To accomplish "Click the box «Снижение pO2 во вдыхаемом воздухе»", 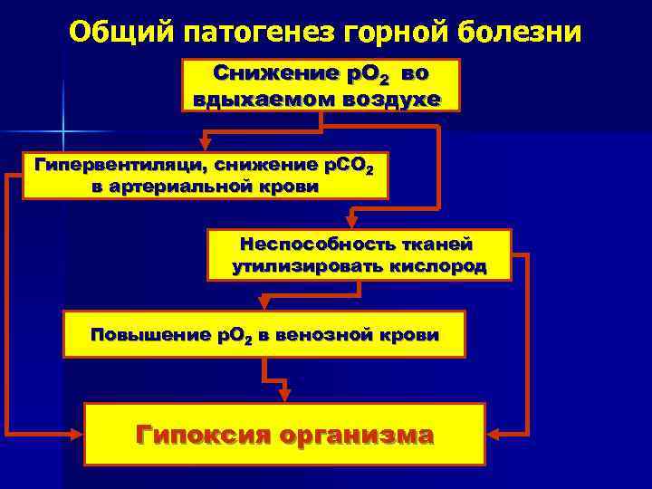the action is coord(321,85).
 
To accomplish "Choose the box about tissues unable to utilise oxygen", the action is coord(359,254).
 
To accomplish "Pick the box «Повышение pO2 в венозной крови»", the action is coord(264,334).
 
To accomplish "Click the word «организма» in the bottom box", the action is coord(357,434).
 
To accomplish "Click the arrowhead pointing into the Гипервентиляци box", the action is coord(206,143).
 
